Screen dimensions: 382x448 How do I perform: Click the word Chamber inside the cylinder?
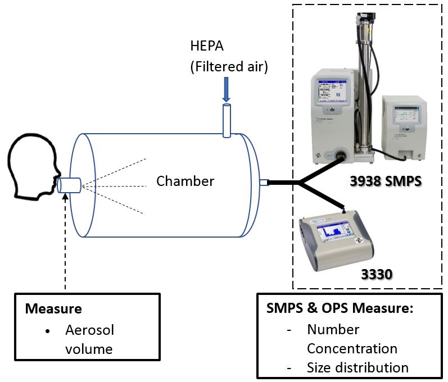tap(185, 181)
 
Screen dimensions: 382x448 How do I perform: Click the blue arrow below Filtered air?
tap(226, 89)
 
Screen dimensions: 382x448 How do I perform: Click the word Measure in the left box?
tap(53, 309)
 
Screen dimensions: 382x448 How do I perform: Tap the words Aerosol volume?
tap(89, 339)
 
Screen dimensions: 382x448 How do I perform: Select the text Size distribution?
tap(358, 368)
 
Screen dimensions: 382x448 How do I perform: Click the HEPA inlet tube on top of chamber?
tap(227, 120)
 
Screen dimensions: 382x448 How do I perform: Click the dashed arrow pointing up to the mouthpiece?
tap(65, 242)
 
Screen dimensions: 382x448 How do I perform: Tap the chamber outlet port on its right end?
tap(263, 182)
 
